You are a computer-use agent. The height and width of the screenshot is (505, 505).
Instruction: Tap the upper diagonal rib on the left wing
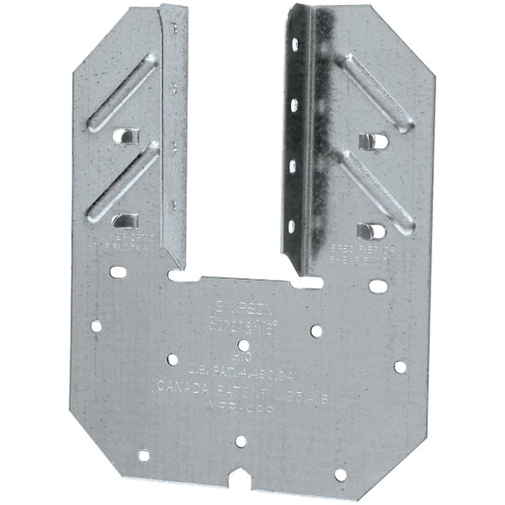[x=122, y=92]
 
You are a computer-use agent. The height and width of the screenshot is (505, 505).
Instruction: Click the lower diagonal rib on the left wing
[x=123, y=181]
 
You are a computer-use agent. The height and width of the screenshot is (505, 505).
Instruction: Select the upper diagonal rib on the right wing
[x=377, y=93]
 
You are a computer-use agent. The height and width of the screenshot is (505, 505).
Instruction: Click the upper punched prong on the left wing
[x=125, y=135]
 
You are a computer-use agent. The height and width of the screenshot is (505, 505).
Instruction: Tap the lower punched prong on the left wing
[x=125, y=221]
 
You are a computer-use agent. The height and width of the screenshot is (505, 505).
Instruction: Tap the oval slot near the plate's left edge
[x=118, y=272]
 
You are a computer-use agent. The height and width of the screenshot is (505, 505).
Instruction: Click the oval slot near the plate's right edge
[x=377, y=286]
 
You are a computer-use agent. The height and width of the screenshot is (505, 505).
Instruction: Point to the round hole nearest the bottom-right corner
[x=341, y=474]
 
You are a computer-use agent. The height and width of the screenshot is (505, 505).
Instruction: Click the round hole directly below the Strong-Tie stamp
[x=244, y=345]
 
